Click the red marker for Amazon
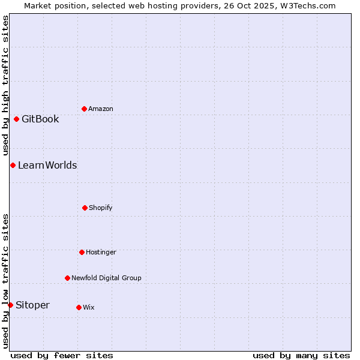(84, 109)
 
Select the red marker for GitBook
(16, 119)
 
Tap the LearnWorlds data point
(13, 165)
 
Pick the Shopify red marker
(85, 208)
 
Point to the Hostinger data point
(82, 252)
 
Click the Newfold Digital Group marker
(67, 278)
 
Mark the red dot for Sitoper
(10, 305)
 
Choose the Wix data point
(79, 307)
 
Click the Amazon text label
(101, 109)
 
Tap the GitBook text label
(40, 119)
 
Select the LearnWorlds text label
(47, 165)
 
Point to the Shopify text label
(101, 208)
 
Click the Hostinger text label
(101, 252)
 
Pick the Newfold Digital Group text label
(106, 278)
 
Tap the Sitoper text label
(32, 305)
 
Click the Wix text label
(89, 307)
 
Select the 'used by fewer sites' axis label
(62, 355)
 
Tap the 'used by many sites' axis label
(301, 355)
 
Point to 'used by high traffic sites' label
(5, 85)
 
